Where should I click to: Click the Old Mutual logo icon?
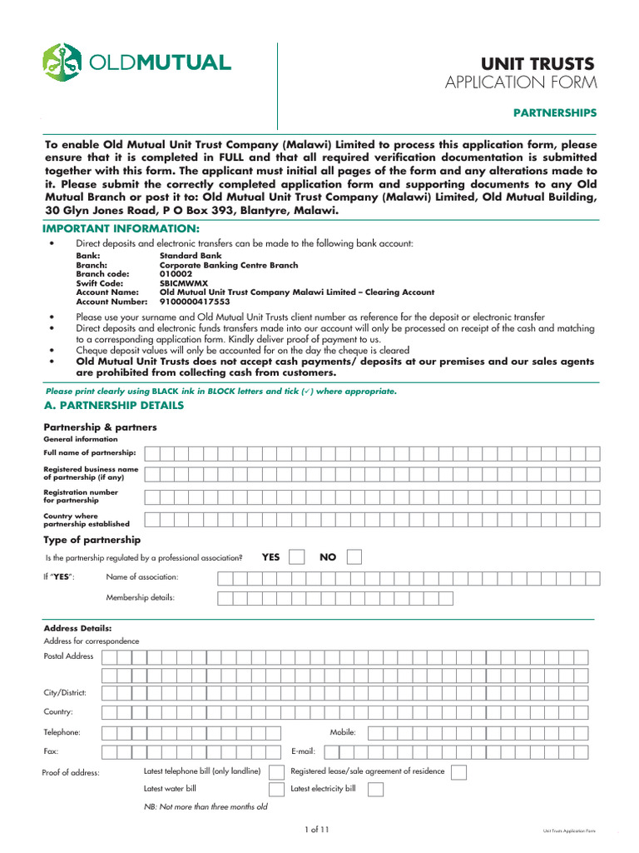click(62, 62)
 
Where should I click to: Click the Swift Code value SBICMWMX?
click(184, 283)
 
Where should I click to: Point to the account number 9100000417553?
click(194, 302)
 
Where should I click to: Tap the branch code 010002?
click(176, 274)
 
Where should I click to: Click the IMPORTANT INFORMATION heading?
click(121, 228)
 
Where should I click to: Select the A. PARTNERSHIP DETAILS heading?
click(113, 406)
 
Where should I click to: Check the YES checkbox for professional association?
click(296, 557)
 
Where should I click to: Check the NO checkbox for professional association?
click(354, 557)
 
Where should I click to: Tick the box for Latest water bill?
click(276, 789)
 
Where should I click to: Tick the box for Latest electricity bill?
click(376, 789)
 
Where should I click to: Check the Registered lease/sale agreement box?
click(458, 772)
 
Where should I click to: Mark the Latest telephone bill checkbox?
click(276, 772)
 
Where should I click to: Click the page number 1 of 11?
click(318, 830)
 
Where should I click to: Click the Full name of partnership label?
click(90, 452)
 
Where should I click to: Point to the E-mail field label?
click(303, 751)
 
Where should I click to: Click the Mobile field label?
click(343, 732)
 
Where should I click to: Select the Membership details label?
click(140, 597)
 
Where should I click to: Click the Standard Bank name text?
click(191, 256)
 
